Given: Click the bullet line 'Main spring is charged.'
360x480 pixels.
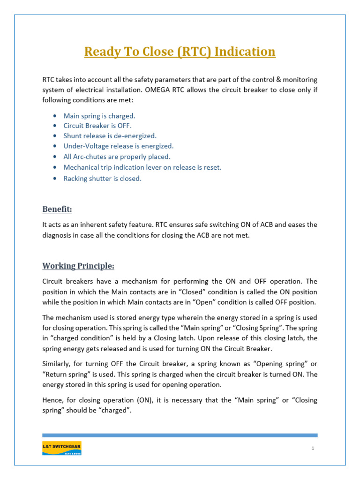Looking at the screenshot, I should (x=99, y=115).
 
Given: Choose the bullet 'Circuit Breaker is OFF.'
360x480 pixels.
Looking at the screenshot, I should (x=98, y=126).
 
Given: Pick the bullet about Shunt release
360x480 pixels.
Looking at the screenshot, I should (x=110, y=136).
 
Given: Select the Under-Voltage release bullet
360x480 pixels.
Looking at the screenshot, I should (x=119, y=146).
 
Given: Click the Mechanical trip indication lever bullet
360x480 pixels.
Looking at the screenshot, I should (x=142, y=167).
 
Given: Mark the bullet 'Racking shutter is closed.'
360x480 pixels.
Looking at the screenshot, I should (x=103, y=178).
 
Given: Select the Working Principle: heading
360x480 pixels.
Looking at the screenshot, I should (x=78, y=266).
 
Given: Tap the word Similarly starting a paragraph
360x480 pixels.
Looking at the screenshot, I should (x=57, y=364).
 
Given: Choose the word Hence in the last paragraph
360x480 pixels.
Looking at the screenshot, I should (x=52, y=400).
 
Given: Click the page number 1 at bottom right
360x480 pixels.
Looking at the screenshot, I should (x=313, y=449).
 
